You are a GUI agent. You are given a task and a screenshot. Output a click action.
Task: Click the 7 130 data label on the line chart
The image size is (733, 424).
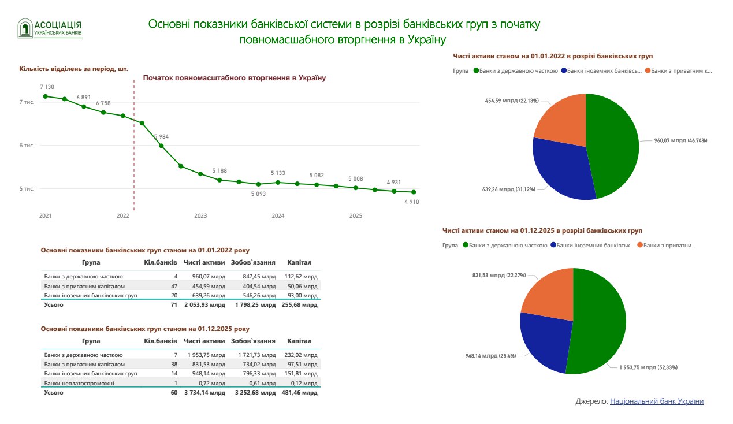[47, 87]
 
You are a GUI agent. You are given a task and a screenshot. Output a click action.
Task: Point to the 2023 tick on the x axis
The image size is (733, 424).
[200, 215]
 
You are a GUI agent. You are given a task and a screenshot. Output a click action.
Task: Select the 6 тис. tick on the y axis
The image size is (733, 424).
[27, 146]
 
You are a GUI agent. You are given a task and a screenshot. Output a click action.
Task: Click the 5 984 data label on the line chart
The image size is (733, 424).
[162, 136]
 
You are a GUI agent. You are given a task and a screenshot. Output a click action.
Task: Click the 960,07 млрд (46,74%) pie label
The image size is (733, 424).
[680, 140]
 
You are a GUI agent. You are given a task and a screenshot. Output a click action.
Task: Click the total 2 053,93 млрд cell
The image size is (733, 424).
[204, 304]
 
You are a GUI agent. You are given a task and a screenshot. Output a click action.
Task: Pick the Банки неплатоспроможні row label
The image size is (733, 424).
[79, 383]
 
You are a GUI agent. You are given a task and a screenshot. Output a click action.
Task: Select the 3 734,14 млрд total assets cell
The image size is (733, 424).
[204, 393]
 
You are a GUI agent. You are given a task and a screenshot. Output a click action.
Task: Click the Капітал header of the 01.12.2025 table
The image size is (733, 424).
[299, 341]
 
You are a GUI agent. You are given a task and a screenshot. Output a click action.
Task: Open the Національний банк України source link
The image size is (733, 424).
[657, 401]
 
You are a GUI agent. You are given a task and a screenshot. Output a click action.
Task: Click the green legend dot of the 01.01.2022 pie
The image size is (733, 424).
[477, 70]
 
